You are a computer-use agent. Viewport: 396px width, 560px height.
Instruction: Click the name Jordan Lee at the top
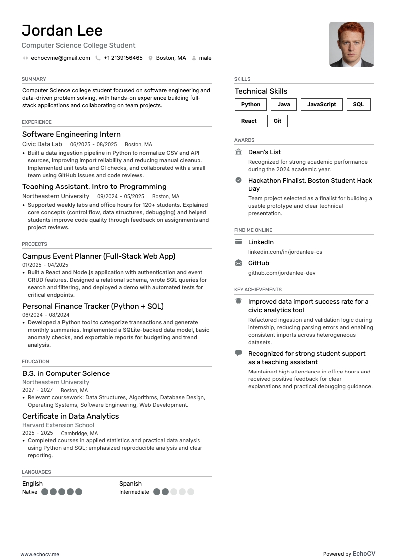coord(62,31)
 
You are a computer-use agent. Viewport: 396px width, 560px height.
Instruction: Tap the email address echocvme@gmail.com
coord(60,58)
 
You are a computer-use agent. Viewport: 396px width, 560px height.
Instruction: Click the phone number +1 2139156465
coord(123,58)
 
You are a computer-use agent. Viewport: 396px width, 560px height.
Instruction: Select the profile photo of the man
coord(351,44)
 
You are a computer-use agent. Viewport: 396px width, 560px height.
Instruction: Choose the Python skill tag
coord(251,104)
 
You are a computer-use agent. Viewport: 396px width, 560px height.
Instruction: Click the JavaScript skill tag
coord(321,104)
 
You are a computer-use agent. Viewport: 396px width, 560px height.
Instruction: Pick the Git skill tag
coord(277,121)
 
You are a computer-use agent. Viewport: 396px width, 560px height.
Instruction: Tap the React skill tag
coord(249,121)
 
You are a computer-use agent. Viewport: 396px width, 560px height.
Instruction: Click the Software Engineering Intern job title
coord(71,134)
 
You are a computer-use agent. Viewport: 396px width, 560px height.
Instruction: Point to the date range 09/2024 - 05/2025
coord(120,196)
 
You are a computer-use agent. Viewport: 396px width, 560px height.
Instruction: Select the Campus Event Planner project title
coord(99,256)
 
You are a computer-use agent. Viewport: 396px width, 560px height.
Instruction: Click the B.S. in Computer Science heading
coord(66,373)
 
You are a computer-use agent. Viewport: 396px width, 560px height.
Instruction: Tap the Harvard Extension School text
coord(58,425)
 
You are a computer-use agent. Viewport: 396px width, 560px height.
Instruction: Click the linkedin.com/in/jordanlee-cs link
coord(285,252)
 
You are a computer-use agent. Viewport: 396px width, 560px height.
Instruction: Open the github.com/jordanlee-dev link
coord(282,273)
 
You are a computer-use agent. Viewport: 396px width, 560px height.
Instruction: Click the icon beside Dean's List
coord(238,152)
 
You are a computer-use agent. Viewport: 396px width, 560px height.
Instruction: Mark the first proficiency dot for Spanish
coord(157,492)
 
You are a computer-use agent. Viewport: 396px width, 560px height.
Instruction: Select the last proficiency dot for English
coord(79,492)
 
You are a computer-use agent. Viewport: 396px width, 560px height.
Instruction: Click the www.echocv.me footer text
coord(40,554)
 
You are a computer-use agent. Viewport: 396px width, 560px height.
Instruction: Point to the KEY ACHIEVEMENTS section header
coord(258,289)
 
